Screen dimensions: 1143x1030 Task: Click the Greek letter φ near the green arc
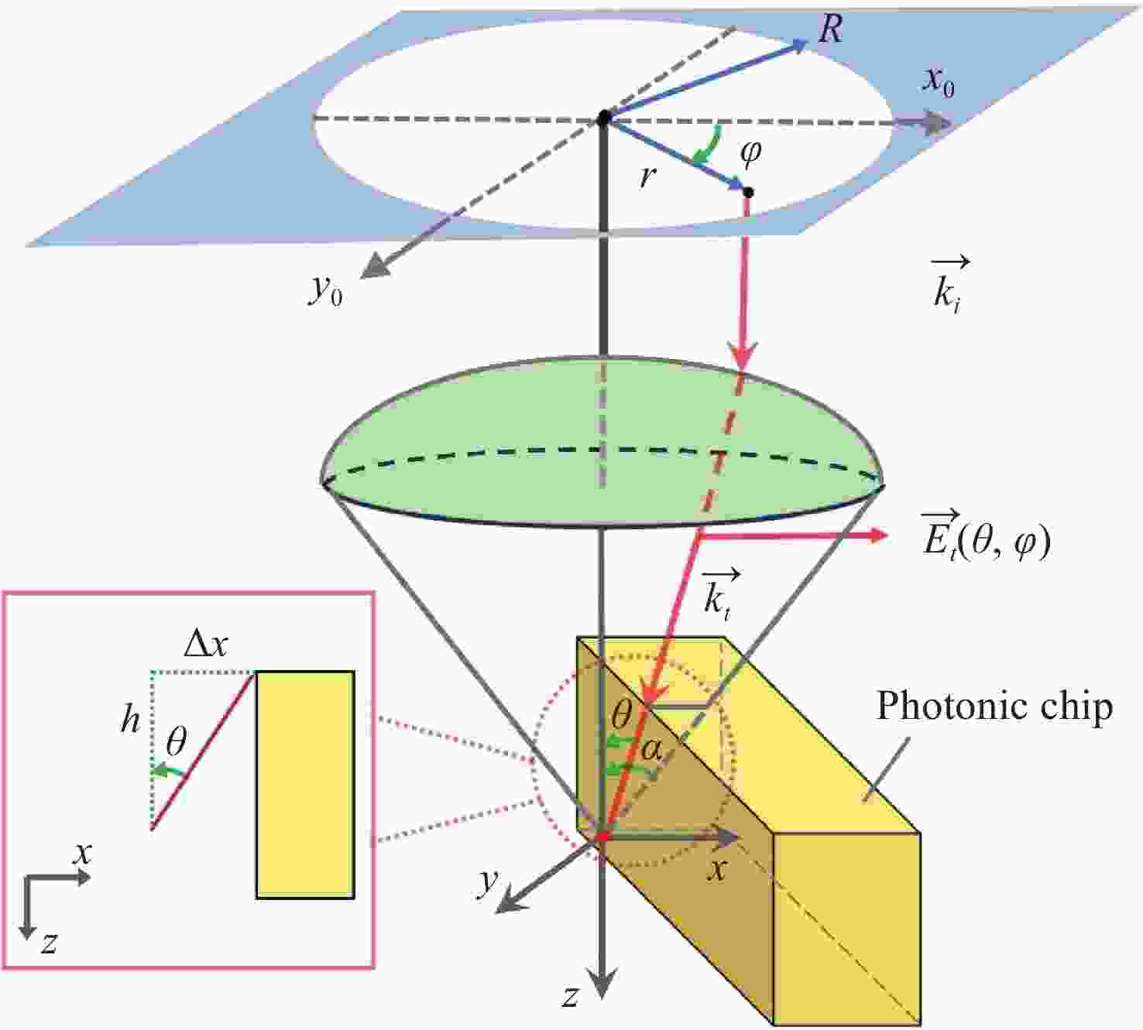[x=750, y=152]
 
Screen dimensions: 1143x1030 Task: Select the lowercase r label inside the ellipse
[x=648, y=176]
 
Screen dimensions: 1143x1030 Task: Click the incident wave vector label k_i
[x=949, y=284]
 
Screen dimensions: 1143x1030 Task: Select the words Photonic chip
[x=994, y=707]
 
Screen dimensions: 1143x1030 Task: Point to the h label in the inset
[x=130, y=720]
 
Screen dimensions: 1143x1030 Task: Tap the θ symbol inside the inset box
[x=176, y=742]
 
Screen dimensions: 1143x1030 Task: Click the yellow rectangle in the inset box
[x=305, y=785]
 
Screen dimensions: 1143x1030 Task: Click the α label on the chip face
[x=652, y=751]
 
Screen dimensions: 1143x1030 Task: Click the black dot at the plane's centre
[x=604, y=118]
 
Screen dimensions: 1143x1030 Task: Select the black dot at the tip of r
[x=749, y=193]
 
